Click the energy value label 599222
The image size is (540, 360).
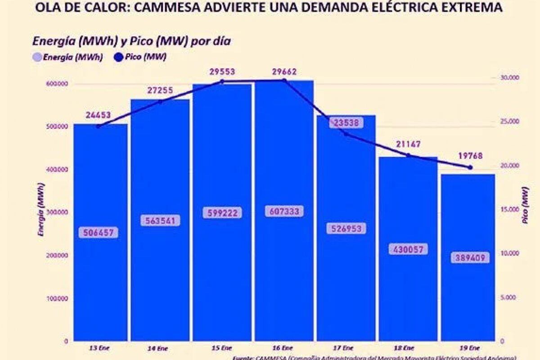222,212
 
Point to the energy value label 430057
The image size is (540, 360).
408,249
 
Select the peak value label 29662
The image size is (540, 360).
284,72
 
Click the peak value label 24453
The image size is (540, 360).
98,116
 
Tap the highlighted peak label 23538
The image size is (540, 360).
346,123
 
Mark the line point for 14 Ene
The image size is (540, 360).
161,102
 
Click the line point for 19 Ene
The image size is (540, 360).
470,167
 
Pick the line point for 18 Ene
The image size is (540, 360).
408,155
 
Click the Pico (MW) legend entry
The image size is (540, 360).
140,58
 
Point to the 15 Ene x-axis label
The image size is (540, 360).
222,348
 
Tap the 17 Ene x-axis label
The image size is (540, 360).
346,348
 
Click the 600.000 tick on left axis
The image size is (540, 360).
57,84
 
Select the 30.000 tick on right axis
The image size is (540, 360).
510,78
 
